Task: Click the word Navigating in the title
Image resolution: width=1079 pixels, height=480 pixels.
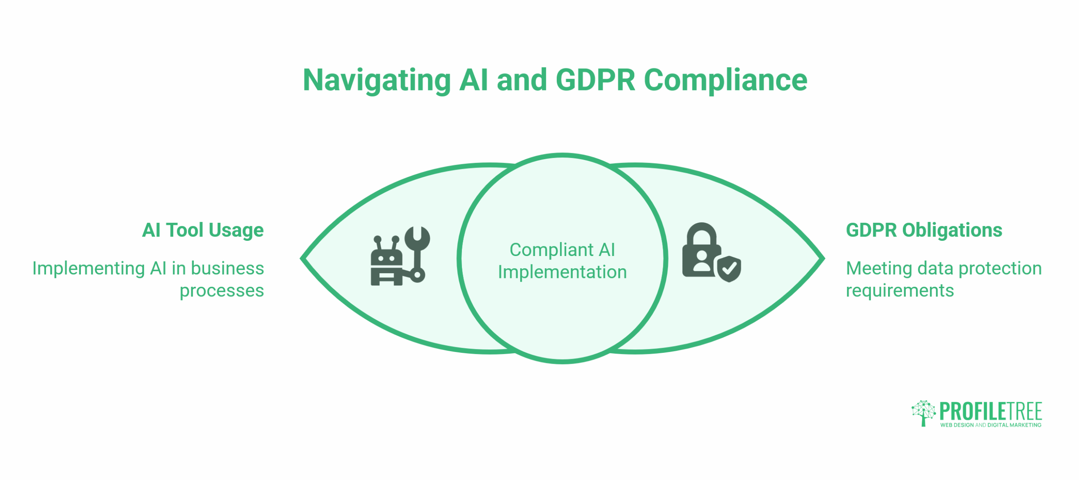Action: point(376,80)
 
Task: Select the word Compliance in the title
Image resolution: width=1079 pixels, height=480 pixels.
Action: point(725,80)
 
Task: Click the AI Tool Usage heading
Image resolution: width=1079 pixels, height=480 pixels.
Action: point(203,230)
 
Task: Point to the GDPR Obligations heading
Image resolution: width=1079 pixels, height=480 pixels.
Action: point(923,230)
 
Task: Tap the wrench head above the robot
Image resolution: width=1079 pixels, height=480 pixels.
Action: point(417,237)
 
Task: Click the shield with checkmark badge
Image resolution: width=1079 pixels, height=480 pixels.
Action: point(729,269)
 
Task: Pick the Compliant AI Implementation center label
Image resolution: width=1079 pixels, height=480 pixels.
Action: point(562,261)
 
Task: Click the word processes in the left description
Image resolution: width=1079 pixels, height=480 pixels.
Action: point(222,291)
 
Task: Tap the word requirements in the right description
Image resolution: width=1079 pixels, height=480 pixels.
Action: point(899,291)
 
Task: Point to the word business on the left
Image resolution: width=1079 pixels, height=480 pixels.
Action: point(227,268)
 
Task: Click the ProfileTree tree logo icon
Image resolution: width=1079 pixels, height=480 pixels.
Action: point(923,413)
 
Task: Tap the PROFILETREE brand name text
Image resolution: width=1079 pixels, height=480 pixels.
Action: point(990,411)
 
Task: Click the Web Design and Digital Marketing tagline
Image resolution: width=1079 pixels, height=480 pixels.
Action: point(990,425)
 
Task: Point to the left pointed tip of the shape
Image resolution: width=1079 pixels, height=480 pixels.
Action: point(303,258)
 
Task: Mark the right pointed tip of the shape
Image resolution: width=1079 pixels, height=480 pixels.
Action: point(822,258)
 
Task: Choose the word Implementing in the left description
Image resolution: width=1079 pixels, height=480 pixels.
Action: point(89,269)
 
